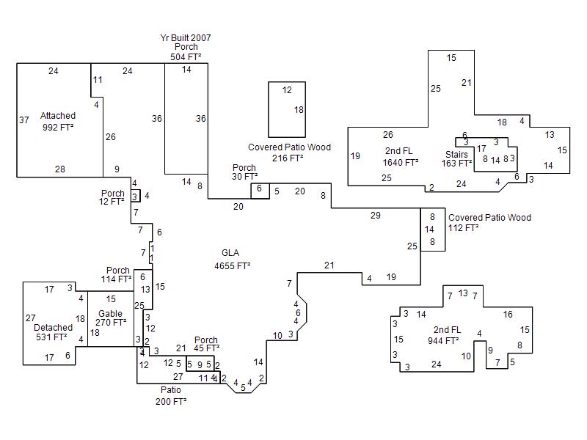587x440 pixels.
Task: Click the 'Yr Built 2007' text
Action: (186, 37)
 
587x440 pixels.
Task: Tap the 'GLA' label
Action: (230, 253)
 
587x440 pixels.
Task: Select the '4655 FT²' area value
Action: (233, 265)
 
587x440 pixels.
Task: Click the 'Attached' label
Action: (58, 116)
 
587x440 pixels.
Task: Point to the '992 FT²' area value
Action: (58, 128)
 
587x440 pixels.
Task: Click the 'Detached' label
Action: (54, 327)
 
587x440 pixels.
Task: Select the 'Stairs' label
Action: (456, 154)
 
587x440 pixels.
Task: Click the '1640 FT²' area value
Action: (401, 163)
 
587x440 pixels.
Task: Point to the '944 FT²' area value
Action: (443, 340)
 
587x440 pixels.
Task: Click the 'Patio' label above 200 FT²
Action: (171, 390)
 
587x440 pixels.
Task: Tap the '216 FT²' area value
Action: (288, 158)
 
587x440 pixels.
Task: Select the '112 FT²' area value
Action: (464, 228)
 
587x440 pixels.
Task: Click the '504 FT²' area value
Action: (186, 57)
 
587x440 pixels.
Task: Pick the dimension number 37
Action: (23, 120)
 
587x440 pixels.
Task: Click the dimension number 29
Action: (376, 216)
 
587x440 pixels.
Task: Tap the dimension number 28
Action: (60, 169)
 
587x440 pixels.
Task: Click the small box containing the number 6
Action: (260, 189)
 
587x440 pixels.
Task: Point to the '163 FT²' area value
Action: (456, 164)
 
